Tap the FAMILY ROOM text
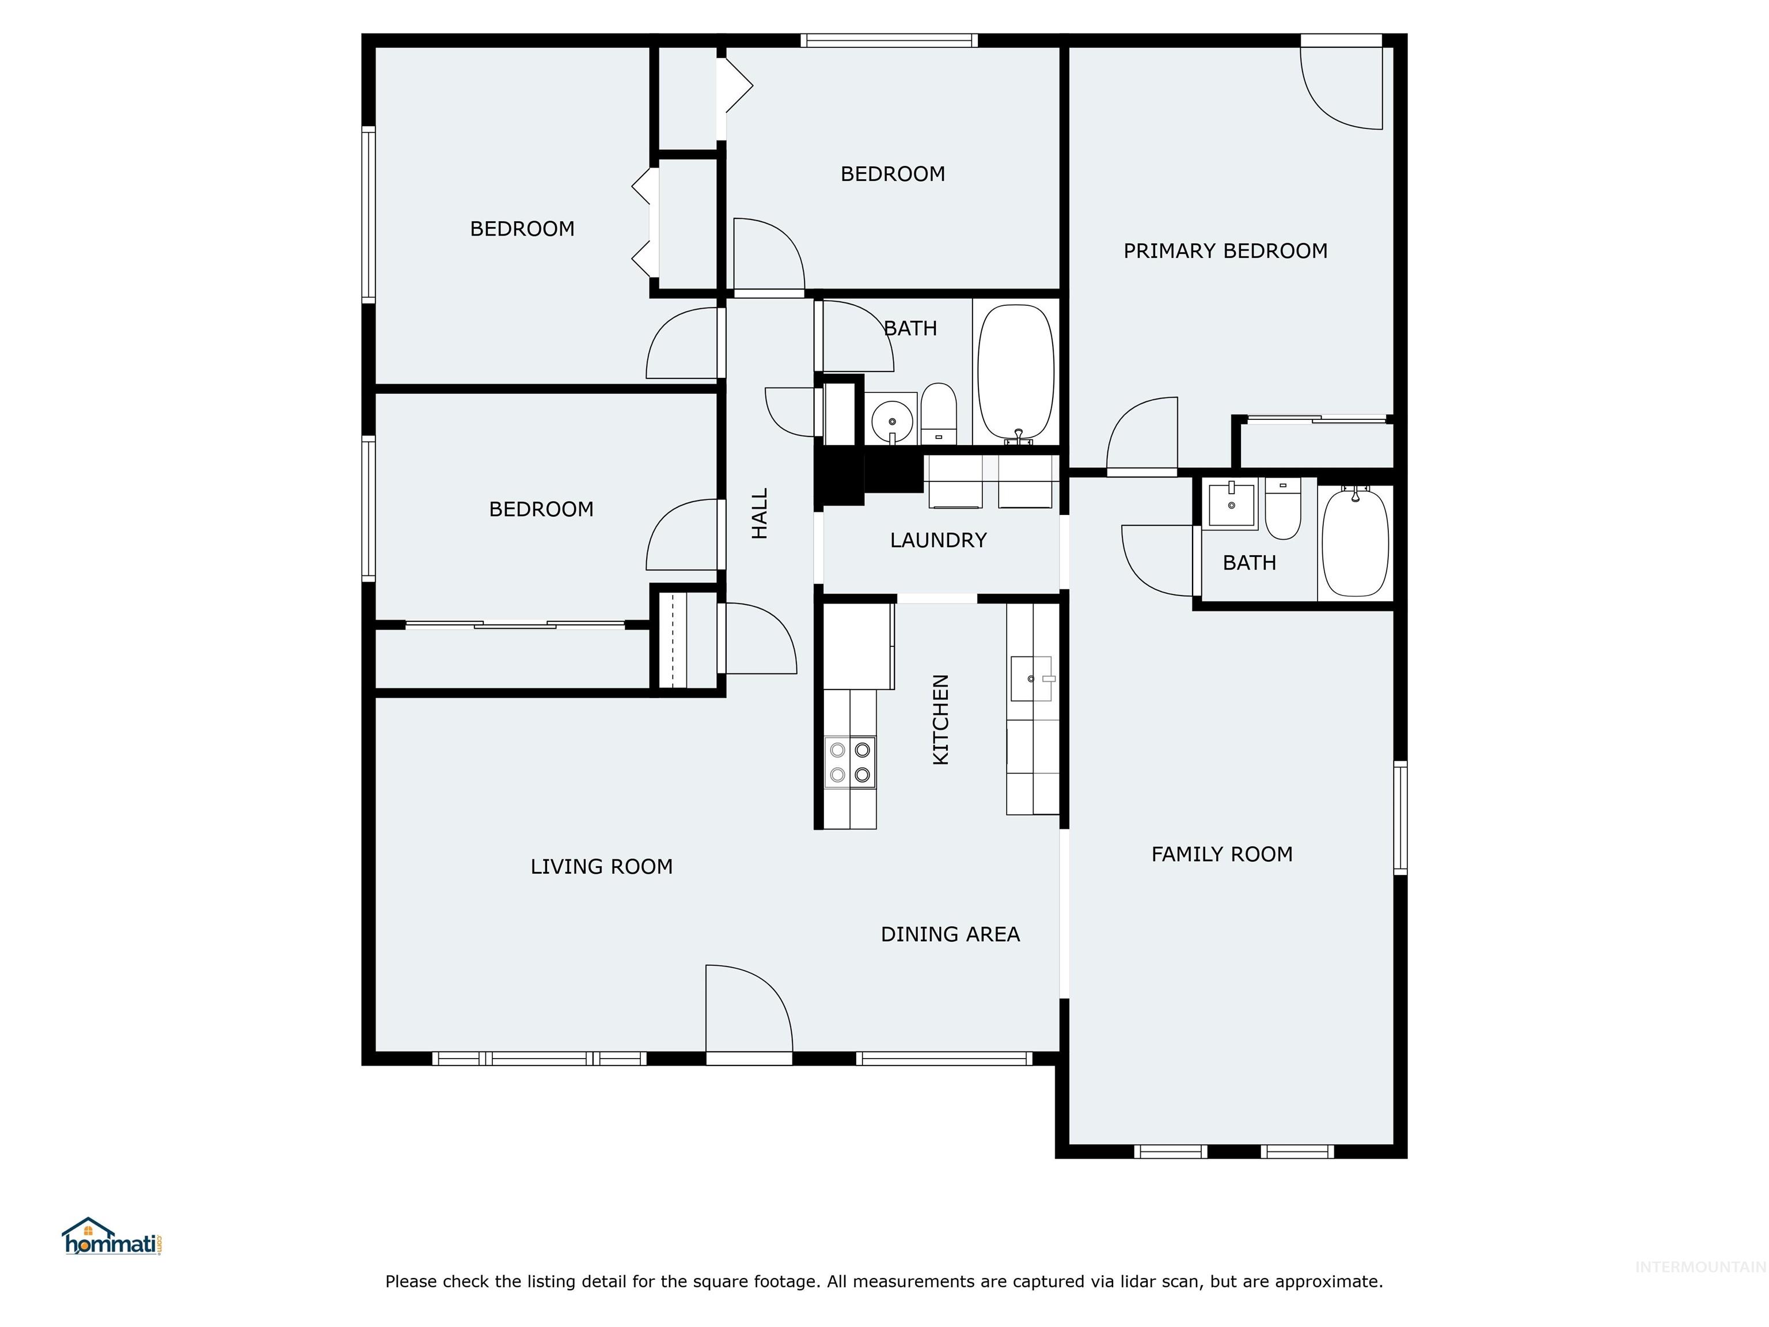pyautogui.click(x=1221, y=854)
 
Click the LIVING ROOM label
pyautogui.click(x=601, y=866)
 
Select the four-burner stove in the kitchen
pyautogui.click(x=850, y=763)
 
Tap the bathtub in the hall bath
pyautogui.click(x=1016, y=372)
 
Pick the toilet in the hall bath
pyautogui.click(x=938, y=412)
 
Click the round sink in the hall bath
pyautogui.click(x=891, y=418)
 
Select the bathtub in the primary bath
pyautogui.click(x=1355, y=543)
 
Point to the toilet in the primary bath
pyautogui.click(x=1283, y=509)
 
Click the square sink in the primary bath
pyautogui.click(x=1230, y=504)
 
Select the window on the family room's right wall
pyautogui.click(x=1400, y=817)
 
